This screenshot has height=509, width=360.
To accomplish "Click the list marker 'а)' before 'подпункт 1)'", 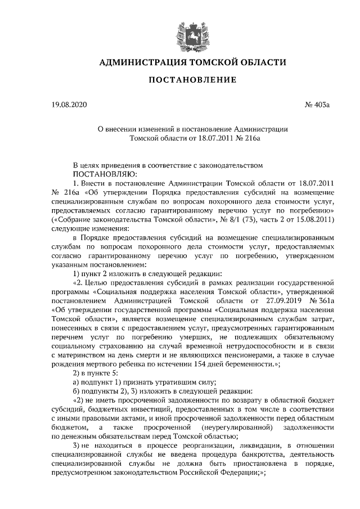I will pyautogui.click(x=77, y=382).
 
